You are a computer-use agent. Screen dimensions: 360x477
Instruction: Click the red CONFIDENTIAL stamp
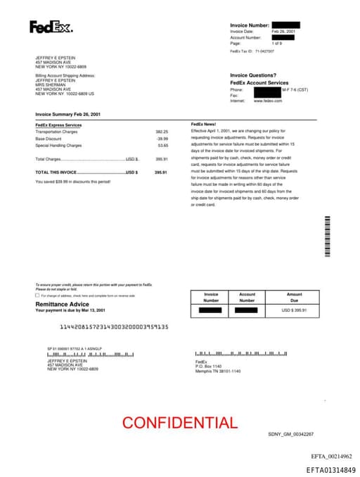tap(180, 423)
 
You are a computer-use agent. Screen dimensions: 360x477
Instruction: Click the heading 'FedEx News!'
tap(203, 125)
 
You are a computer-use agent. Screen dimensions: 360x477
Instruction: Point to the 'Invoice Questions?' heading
tap(253, 75)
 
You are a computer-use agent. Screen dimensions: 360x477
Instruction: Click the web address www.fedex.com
tap(268, 101)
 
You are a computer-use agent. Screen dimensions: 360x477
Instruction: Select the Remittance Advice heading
tap(63, 303)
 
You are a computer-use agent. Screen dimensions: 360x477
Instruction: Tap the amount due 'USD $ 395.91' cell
tap(294, 310)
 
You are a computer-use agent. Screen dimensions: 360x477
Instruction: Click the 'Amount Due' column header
tap(294, 297)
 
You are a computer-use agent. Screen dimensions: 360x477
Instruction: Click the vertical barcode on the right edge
tap(327, 236)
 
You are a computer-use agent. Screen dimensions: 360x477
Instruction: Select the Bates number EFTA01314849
tap(330, 469)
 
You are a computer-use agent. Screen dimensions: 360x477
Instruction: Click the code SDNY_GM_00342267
tap(290, 434)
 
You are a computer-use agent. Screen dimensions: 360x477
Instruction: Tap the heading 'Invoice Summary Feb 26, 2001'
tap(67, 114)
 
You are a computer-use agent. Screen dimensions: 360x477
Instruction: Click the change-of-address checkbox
tap(37, 295)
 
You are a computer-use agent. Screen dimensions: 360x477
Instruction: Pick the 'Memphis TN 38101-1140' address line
tap(217, 371)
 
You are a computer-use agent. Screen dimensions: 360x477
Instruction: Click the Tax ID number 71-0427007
tap(264, 51)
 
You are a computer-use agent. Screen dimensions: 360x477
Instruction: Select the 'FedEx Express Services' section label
tap(58, 125)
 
